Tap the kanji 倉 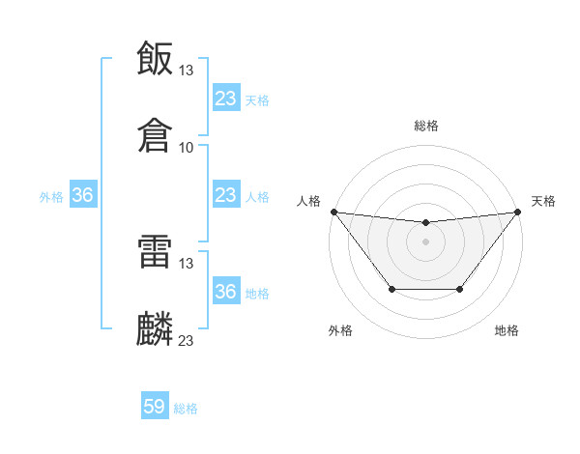tap(155, 135)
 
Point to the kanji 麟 tap(155, 328)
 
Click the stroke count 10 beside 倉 tap(187, 148)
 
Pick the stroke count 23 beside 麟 tap(187, 340)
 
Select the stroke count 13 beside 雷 tap(187, 263)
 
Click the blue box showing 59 tap(155, 407)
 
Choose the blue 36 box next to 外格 tap(83, 195)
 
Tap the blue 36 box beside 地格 tap(225, 292)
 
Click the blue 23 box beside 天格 tap(225, 99)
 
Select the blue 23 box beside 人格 tap(225, 195)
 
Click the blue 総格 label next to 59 tap(187, 409)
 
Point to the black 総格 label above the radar tap(426, 126)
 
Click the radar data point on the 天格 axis tap(517, 212)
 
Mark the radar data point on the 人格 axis tap(333, 212)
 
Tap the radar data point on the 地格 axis tap(460, 289)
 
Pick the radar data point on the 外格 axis tap(391, 289)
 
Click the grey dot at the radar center tap(425, 241)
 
